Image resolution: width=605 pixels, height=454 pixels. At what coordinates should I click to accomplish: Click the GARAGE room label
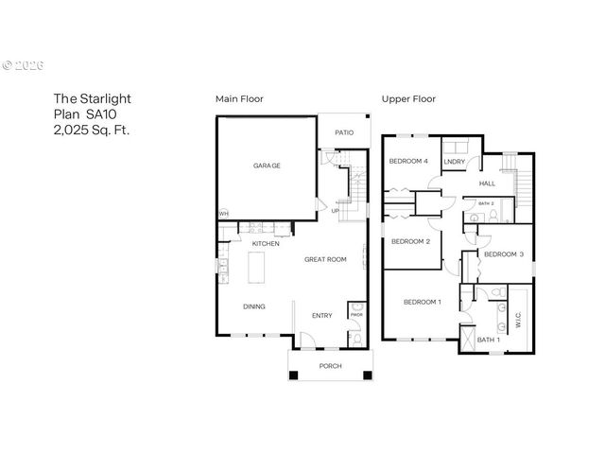pyautogui.click(x=267, y=166)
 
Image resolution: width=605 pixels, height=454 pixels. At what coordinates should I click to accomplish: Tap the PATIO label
pyautogui.click(x=344, y=132)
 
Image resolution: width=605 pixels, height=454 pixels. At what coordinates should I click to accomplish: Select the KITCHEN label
pyautogui.click(x=266, y=243)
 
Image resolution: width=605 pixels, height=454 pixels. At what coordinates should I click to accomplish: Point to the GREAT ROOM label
pyautogui.click(x=325, y=259)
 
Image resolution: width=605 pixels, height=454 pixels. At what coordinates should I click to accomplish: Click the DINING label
pyautogui.click(x=254, y=306)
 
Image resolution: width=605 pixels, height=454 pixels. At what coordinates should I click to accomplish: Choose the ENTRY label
pyautogui.click(x=322, y=316)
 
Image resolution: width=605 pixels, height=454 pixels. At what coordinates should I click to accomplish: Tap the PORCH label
pyautogui.click(x=331, y=366)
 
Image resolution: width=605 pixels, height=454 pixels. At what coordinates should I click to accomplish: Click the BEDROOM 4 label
pyautogui.click(x=408, y=162)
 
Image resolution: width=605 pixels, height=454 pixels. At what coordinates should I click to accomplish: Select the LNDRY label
pyautogui.click(x=454, y=162)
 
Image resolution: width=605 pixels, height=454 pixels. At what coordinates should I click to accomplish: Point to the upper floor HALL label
pyautogui.click(x=487, y=183)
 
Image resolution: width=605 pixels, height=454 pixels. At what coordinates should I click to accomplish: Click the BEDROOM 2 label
pyautogui.click(x=410, y=241)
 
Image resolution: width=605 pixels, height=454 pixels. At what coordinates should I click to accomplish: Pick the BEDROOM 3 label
pyautogui.click(x=504, y=254)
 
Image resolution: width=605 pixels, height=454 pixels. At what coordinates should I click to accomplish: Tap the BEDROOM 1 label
pyautogui.click(x=422, y=302)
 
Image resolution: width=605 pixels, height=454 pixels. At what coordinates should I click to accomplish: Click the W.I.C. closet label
pyautogui.click(x=519, y=321)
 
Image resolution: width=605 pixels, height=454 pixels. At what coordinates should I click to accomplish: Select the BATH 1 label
pyautogui.click(x=488, y=340)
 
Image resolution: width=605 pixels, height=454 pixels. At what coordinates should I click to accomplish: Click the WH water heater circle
pyautogui.click(x=224, y=214)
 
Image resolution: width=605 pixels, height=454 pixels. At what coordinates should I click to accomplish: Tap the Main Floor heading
pyautogui.click(x=239, y=98)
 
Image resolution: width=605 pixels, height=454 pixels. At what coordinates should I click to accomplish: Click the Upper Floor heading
pyautogui.click(x=407, y=98)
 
